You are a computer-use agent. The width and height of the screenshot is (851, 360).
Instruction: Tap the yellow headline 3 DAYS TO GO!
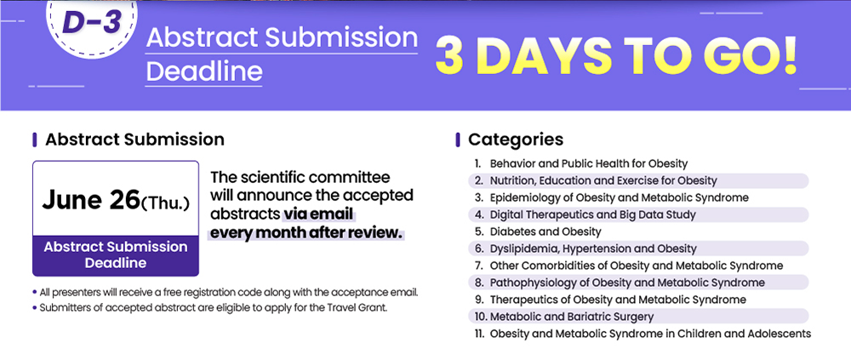[x=616, y=56]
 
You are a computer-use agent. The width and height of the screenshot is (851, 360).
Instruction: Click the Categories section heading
[x=516, y=140]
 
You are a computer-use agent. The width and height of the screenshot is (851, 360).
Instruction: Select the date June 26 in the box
[x=91, y=199]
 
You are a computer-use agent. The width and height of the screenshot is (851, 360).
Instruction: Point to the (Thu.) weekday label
[x=165, y=203]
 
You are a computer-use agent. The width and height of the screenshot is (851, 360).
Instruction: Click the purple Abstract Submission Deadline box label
[x=116, y=254]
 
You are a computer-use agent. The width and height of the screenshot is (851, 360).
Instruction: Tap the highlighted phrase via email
[x=318, y=214]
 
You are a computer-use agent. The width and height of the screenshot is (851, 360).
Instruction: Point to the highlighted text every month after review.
[x=306, y=233]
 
